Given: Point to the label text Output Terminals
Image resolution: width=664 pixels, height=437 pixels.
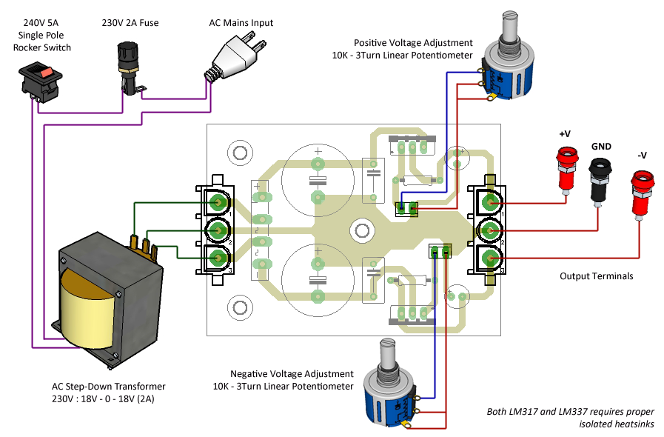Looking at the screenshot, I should tap(596, 276).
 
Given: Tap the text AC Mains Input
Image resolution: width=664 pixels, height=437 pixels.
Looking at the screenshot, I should tap(241, 23).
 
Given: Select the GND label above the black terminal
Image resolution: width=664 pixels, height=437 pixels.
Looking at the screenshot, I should tap(600, 147).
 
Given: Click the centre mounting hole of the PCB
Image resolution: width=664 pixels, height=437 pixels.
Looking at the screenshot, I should tap(361, 229).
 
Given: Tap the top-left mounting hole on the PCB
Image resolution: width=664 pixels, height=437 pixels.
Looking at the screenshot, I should tap(240, 153).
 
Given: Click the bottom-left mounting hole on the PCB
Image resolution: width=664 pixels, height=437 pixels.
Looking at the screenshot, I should tap(240, 305).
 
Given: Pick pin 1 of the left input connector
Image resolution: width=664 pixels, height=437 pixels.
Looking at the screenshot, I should tap(218, 201).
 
